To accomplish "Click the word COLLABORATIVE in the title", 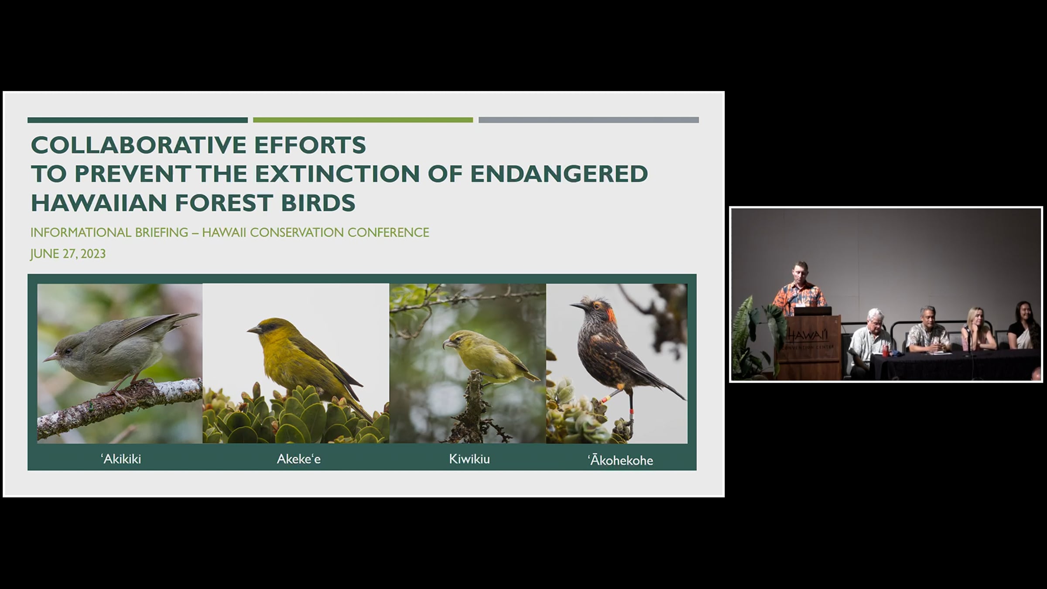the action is pos(138,145).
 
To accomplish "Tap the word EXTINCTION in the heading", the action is pos(337,174).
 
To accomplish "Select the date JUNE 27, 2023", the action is pos(68,254).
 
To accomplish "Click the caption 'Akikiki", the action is pos(121,459).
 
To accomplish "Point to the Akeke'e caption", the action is pos(299,459).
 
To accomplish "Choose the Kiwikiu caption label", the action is pos(469,459).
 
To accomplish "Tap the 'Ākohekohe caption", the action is pos(620,460).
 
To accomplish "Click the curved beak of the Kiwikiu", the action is pos(447,345).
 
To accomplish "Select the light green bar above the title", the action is pos(363,120).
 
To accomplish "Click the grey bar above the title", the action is pos(589,120).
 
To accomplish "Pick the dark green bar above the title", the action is pos(137,120).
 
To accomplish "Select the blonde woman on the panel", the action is pos(977,329).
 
